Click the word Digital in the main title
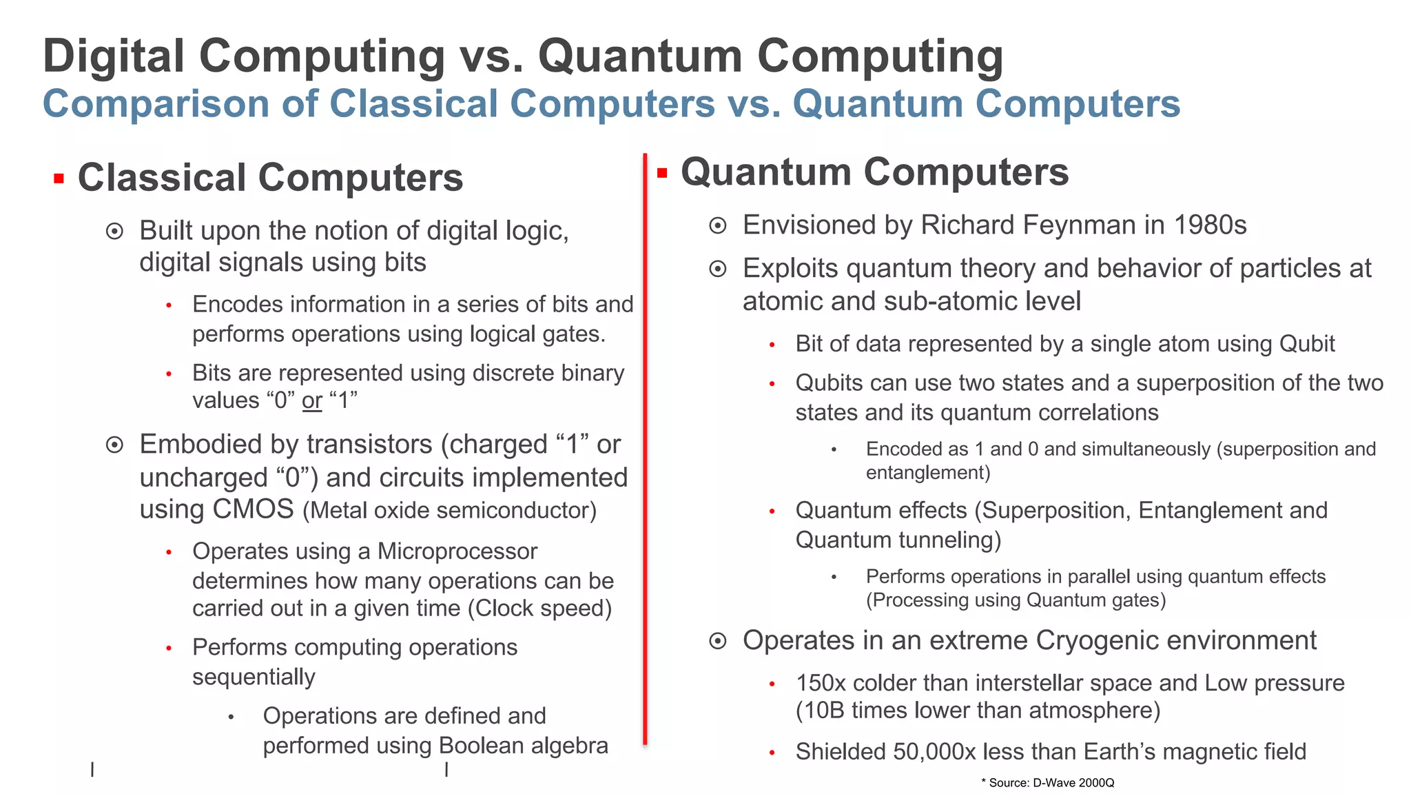[x=114, y=57]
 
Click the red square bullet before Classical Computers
[x=59, y=179]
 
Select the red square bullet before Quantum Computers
[x=662, y=173]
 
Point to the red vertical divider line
[x=645, y=448]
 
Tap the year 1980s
[x=1210, y=225]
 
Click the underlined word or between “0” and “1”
[x=312, y=400]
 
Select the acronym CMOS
[x=254, y=509]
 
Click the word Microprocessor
[x=457, y=551]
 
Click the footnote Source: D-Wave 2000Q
[x=1051, y=783]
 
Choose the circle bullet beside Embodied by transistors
[x=114, y=445]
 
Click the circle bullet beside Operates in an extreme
[x=718, y=642]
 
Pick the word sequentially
[x=254, y=678]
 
